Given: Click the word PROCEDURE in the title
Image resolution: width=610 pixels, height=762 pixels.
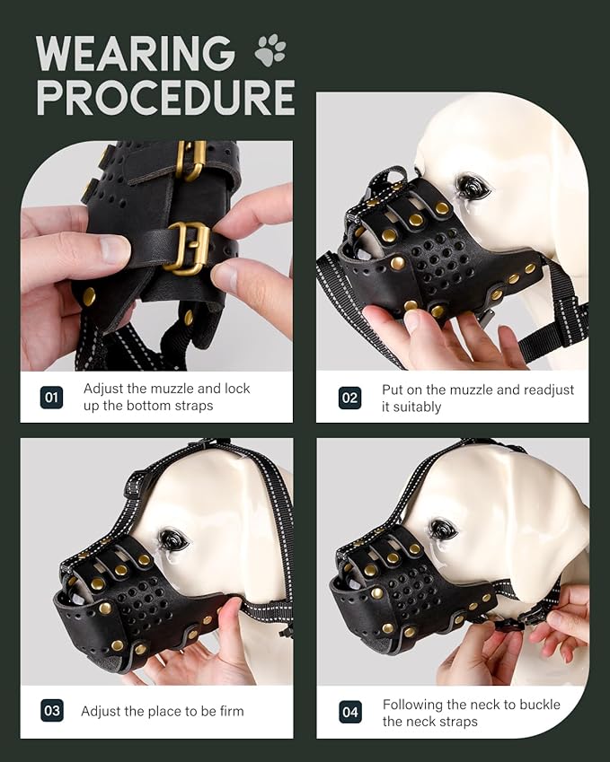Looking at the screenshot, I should tap(166, 98).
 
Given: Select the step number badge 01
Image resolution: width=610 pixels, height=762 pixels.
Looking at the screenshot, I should tap(52, 397).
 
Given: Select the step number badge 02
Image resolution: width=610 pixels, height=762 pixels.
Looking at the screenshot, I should tap(349, 398).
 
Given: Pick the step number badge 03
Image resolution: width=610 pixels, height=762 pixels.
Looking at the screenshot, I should tap(52, 712).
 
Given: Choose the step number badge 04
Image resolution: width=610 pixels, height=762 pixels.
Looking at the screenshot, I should tap(349, 713).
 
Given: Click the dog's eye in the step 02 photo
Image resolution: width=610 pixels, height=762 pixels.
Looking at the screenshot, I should tap(471, 187).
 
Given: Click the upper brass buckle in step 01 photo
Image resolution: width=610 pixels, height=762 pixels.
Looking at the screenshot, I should tap(192, 160).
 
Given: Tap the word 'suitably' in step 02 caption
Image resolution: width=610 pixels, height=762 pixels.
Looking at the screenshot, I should tap(418, 407).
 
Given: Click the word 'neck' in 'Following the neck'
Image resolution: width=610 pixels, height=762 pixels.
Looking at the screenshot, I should tap(482, 705).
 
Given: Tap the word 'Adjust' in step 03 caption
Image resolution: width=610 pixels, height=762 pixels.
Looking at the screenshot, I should tap(102, 712).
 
